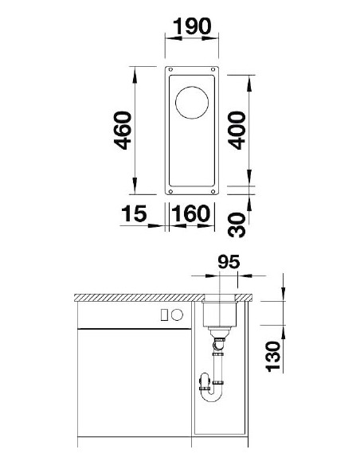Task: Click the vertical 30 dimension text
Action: point(237,221)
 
